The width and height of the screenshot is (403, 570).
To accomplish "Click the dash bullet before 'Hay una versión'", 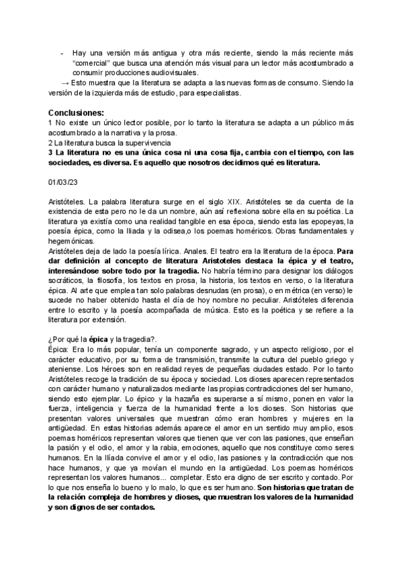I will pos(62,52).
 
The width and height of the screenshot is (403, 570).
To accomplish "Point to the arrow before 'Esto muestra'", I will pos(64,83).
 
